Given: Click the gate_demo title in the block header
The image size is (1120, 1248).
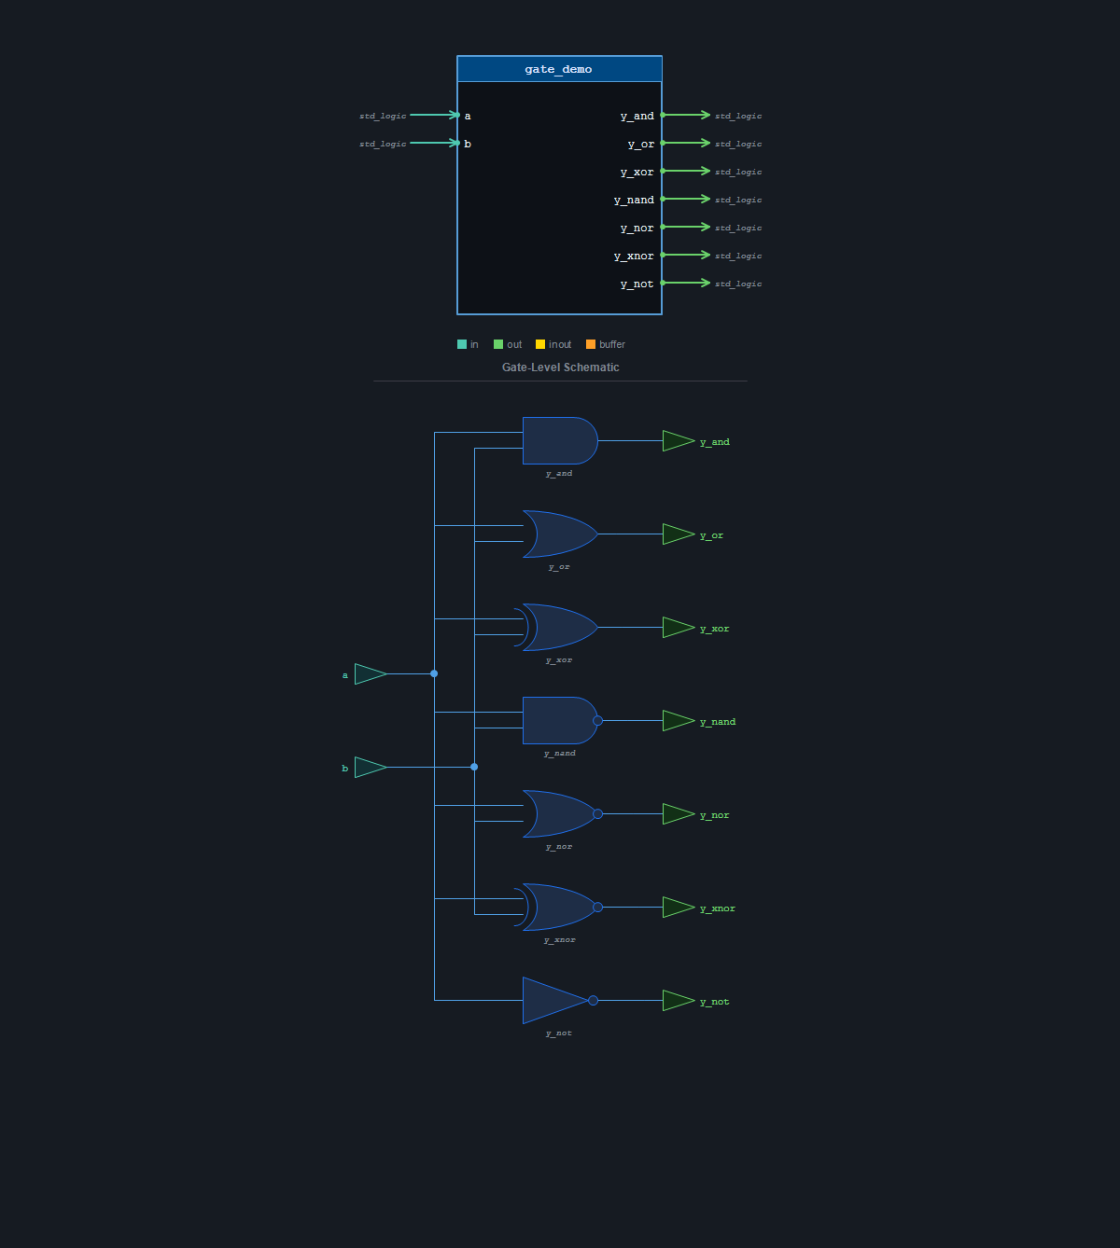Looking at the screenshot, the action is pyautogui.click(x=558, y=69).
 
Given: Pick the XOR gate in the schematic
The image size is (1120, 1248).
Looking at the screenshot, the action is pyautogui.click(x=556, y=627).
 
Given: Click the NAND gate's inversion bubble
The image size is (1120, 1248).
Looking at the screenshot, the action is pyautogui.click(x=597, y=721).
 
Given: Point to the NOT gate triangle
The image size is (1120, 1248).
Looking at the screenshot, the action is pyautogui.click(x=554, y=1001).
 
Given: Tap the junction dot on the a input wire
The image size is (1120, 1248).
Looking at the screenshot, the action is pyautogui.click(x=434, y=673).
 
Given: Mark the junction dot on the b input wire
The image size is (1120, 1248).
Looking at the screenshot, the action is pyautogui.click(x=474, y=767).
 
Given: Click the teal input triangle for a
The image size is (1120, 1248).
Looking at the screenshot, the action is pyautogui.click(x=371, y=673).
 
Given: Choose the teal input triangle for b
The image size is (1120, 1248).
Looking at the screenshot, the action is pyautogui.click(x=371, y=767).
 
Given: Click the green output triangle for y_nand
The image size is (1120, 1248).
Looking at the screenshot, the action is pyautogui.click(x=679, y=721).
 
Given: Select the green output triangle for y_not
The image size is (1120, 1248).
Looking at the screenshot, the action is pyautogui.click(x=679, y=1001).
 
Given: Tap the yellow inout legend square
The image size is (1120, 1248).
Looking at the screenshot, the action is pyautogui.click(x=540, y=344).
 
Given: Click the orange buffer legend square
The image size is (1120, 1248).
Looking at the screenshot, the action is pyautogui.click(x=591, y=344).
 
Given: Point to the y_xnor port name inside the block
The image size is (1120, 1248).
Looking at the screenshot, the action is pyautogui.click(x=634, y=256).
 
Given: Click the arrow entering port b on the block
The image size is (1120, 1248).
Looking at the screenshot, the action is pyautogui.click(x=435, y=143).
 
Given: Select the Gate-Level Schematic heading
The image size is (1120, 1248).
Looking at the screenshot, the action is pyautogui.click(x=560, y=367).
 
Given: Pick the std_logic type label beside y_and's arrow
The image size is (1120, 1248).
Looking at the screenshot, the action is pyautogui.click(x=738, y=116).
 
